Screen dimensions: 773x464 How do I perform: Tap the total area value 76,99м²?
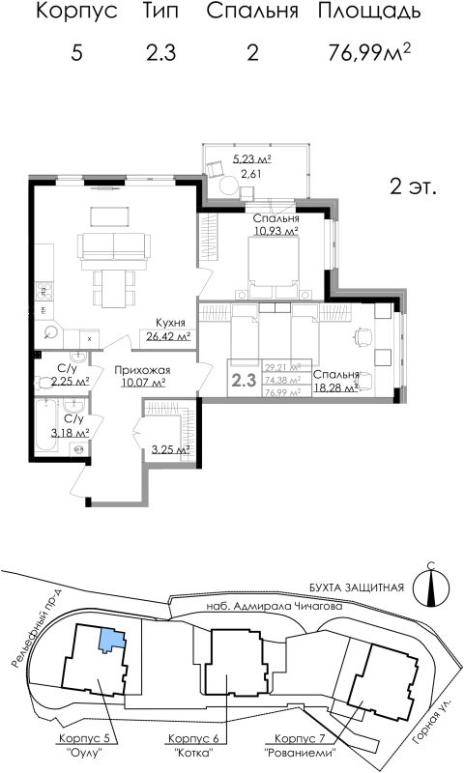[x=369, y=53]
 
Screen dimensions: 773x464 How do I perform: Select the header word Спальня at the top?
[x=253, y=13]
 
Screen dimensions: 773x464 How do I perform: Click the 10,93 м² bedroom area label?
[x=275, y=231]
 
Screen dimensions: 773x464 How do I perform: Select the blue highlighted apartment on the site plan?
[x=114, y=639]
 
